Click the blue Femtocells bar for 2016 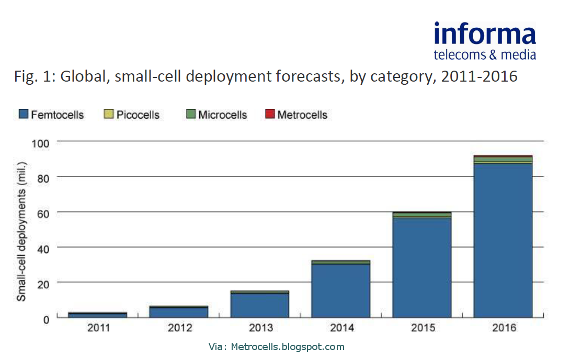(503, 241)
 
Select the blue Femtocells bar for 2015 (421, 267)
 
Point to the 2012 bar (179, 312)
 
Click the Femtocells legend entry (51, 115)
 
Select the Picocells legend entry (132, 115)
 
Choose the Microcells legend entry (216, 115)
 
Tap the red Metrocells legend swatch (270, 115)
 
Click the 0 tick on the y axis (46, 318)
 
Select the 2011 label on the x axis (98, 328)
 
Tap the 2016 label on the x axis (503, 328)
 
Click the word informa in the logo (485, 35)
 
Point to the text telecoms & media (485, 54)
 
